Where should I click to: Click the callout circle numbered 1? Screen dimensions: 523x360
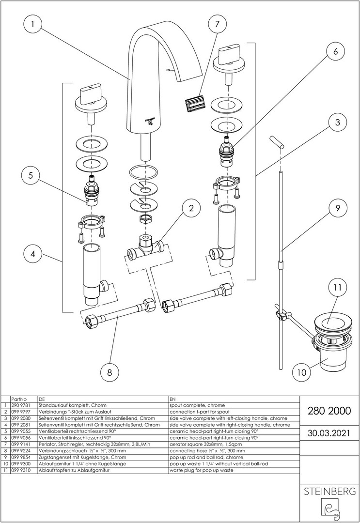32,23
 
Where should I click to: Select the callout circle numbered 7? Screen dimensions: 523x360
217,23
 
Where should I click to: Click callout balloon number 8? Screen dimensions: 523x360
110,372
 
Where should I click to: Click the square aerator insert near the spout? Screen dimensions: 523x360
194,104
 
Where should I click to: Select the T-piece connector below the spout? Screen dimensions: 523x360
145,247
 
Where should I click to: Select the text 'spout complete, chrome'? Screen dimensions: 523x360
197,405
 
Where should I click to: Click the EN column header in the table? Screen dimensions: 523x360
173,398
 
